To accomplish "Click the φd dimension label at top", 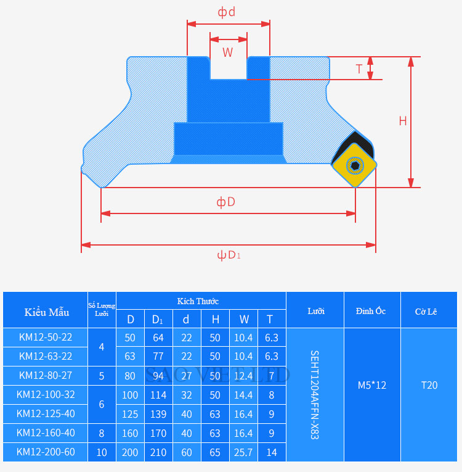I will click(x=227, y=12).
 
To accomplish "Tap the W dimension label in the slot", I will click(x=228, y=52).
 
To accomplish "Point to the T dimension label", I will click(x=359, y=68).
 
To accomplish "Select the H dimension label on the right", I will click(x=403, y=121).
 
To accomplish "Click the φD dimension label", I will click(x=226, y=202).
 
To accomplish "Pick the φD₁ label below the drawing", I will click(x=228, y=255).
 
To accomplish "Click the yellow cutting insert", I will click(x=354, y=165).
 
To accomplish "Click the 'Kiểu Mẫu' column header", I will click(x=47, y=312).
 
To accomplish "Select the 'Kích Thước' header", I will click(x=198, y=301).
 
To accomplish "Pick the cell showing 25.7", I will click(x=244, y=452).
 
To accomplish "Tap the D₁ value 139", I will click(x=158, y=414).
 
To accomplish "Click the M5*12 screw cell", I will click(x=372, y=386).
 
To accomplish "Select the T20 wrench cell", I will click(x=429, y=386).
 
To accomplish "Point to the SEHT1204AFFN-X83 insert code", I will click(x=315, y=395).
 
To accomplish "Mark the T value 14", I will click(x=271, y=452).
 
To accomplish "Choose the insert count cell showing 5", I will click(x=102, y=376).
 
